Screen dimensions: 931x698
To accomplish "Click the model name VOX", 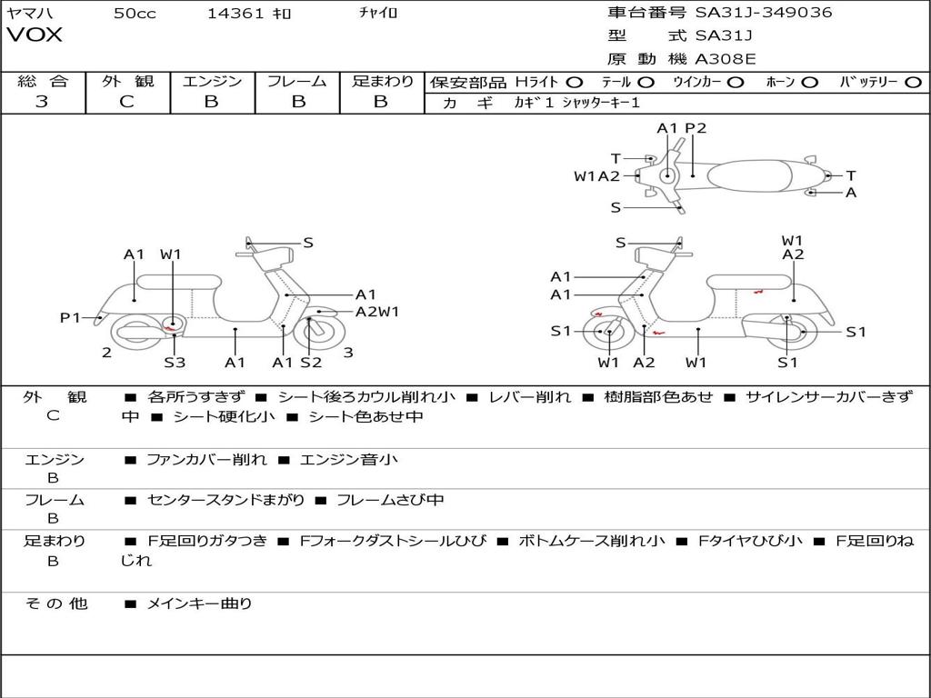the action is (35, 35).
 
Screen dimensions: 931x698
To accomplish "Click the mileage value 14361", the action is (235, 13).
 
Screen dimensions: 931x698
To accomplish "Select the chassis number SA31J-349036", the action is (764, 13).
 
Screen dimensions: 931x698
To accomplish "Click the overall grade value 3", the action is (42, 102).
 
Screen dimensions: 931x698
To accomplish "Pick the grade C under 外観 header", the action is (126, 102).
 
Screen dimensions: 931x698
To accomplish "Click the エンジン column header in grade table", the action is (212, 81).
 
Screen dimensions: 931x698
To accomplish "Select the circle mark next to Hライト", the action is (574, 82).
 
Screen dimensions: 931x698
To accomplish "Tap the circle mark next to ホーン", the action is (809, 82).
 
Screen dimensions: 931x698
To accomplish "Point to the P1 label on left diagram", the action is (71, 317).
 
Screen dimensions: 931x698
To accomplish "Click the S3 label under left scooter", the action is (175, 363).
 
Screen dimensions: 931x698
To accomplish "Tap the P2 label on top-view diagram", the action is (696, 128).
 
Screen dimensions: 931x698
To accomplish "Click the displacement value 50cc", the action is (135, 13).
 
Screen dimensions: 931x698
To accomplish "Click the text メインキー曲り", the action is (199, 603).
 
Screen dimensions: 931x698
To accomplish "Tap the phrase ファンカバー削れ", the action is (206, 460).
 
